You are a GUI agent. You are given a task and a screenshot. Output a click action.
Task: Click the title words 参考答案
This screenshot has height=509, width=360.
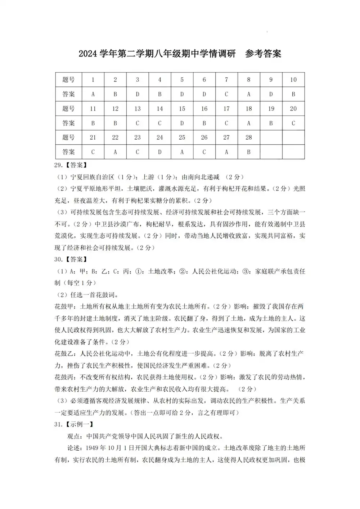pos(263,54)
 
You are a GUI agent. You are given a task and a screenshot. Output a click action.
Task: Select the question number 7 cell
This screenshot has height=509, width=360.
pos(226,80)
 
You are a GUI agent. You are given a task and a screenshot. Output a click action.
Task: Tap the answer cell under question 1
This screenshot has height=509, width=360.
pos(93,94)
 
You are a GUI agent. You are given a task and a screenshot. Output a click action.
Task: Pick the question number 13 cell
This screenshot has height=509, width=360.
pos(138,109)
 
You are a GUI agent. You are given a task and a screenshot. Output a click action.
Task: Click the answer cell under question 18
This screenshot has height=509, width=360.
pos(249,123)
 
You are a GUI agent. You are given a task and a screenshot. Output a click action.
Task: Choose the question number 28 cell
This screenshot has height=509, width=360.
pos(249,138)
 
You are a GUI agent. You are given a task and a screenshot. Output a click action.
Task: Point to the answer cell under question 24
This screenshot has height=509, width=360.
pos(160,152)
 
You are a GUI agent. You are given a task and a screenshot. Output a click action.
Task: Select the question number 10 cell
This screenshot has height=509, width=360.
pos(293,80)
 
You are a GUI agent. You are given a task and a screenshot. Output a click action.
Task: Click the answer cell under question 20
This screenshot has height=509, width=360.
pos(293,123)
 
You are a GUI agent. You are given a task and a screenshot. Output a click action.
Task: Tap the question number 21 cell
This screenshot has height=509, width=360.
pos(93,138)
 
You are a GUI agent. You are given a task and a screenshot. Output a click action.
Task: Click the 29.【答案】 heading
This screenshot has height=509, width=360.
pos(71,165)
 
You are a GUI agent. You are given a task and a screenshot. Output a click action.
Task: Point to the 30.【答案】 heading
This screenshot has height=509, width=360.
pos(71,259)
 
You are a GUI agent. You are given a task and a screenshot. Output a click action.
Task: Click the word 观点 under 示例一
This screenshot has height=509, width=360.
pos(74,436)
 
